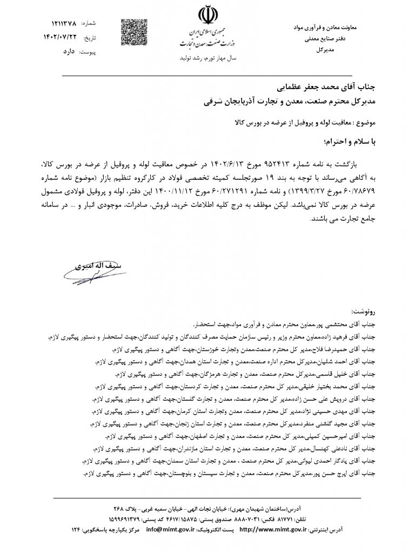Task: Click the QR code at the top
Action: (131, 31)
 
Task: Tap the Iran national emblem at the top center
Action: (207, 15)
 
